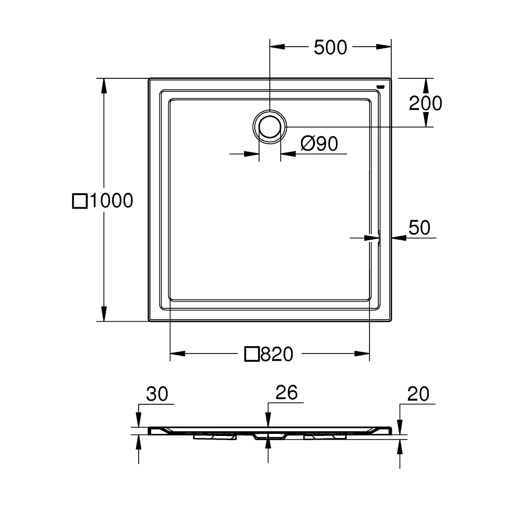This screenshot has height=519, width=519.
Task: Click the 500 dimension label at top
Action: coord(330,47)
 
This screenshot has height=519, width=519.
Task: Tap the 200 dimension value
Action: coord(426,103)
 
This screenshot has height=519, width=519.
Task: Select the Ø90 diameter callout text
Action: coord(319,144)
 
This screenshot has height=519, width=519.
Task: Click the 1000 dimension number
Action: coord(111,200)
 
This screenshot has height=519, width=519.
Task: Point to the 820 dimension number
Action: coord(277,354)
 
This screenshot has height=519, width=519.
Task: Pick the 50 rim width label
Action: coord(419,228)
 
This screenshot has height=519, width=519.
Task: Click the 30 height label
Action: coord(157,394)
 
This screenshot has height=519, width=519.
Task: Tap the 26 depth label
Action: coord(286,392)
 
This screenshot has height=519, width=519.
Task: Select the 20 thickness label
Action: coord(418,394)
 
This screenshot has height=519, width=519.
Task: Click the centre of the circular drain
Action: coord(270,127)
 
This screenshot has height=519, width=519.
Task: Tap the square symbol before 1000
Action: coord(80,201)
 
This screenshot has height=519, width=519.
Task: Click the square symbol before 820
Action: coord(252,354)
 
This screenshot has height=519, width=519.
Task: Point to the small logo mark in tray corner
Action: coord(380,87)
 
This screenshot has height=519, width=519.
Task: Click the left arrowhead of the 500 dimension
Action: coord(277,47)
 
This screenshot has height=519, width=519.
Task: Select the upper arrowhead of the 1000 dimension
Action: coord(104,86)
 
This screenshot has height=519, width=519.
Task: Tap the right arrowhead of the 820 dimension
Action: coord(362,353)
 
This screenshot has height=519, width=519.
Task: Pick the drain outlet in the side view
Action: coord(269,436)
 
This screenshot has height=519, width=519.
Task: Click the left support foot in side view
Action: coord(215,436)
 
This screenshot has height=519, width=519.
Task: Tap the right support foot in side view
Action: coord(325,436)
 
